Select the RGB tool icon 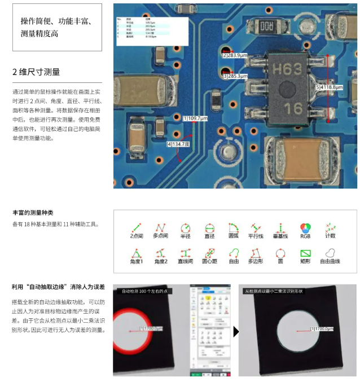click(305, 229)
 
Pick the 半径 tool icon click(185, 229)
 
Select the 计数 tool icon click(331, 229)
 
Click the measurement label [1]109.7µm click(195, 118)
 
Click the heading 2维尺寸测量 click(36, 72)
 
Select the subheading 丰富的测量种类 click(33, 213)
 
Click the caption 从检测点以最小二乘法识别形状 click(274, 291)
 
